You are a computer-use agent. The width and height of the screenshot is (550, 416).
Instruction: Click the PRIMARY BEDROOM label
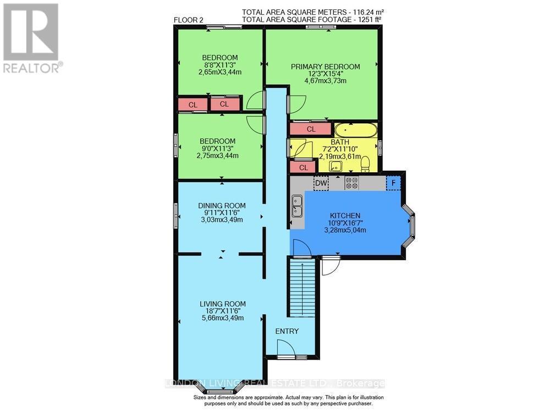[x=325, y=67]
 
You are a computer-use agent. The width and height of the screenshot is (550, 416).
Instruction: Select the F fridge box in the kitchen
[x=393, y=183]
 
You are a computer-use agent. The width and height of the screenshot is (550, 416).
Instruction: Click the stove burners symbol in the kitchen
[x=352, y=183]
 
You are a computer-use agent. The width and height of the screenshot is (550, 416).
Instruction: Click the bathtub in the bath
[x=356, y=130]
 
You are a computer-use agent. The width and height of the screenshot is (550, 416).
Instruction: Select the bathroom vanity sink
[x=335, y=166]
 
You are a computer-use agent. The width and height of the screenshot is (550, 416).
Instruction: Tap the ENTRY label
[x=287, y=331]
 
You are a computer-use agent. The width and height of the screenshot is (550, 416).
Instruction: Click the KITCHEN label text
[x=345, y=215]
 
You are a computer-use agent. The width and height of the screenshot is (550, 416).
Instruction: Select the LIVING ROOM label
[x=222, y=304]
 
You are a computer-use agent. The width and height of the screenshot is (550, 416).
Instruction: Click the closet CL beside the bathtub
[x=311, y=129]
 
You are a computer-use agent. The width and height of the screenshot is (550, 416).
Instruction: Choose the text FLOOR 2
[x=189, y=20]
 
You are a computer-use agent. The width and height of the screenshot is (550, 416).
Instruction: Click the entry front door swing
[x=285, y=348]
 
